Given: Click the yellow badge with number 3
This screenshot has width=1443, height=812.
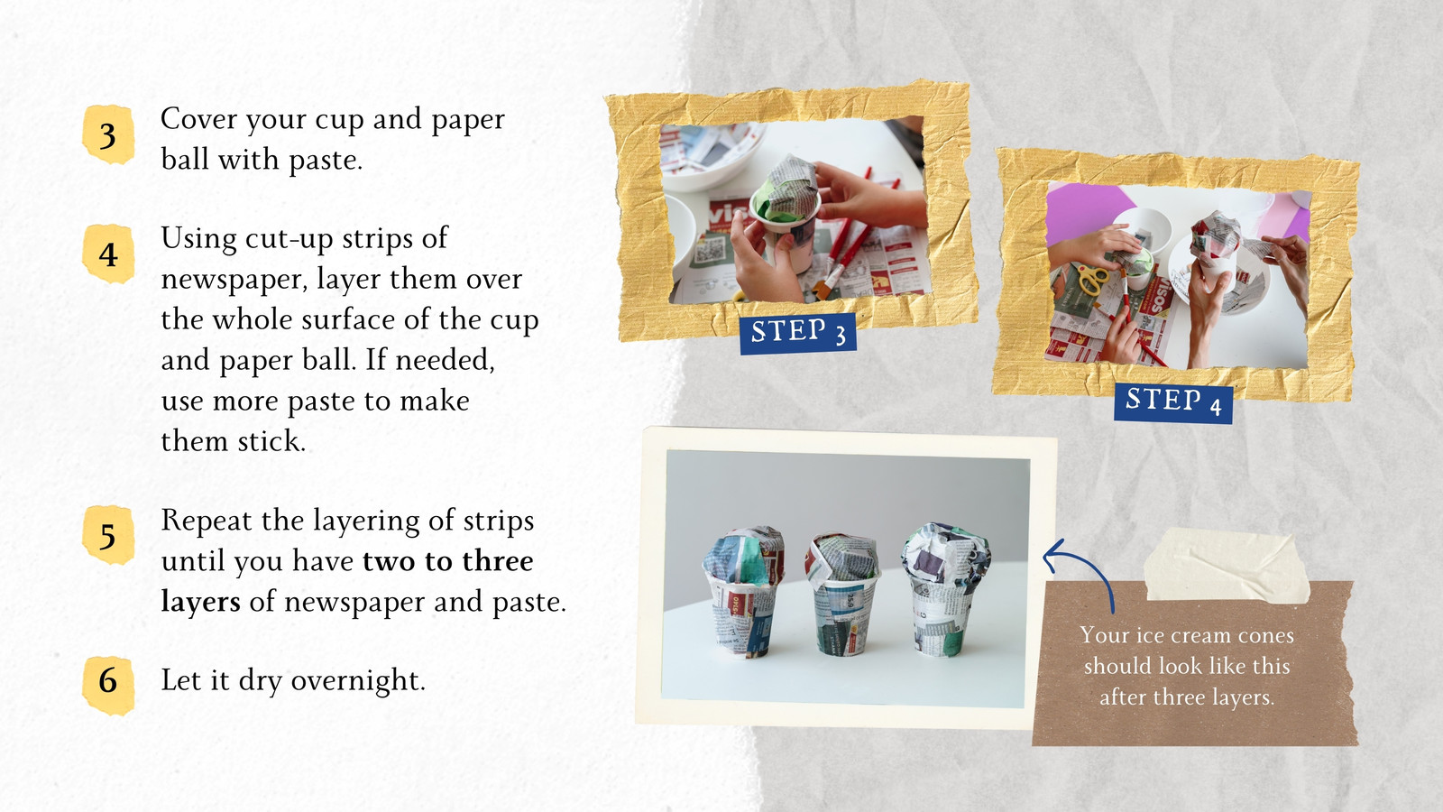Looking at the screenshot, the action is pos(108,134).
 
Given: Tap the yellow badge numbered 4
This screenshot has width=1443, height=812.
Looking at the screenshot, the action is pos(108,254).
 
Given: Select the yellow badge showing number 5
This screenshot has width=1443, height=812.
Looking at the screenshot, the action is pos(108,535).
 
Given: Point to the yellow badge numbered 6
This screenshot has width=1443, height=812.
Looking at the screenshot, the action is pos(108,686).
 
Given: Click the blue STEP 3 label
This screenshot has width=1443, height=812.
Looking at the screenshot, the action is pos(797,333).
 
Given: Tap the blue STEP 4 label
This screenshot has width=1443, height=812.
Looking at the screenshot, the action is pos(1173,403).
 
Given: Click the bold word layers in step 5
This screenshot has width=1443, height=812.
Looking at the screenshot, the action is pos(200,602).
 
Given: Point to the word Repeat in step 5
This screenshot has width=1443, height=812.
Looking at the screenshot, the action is pos(207,521).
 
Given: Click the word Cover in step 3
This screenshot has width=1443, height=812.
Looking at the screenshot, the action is pos(199,119).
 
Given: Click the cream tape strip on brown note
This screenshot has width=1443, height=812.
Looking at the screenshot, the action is pos(1227,565).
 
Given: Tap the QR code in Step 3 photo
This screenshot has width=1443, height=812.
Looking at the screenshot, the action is pos(710,249).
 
